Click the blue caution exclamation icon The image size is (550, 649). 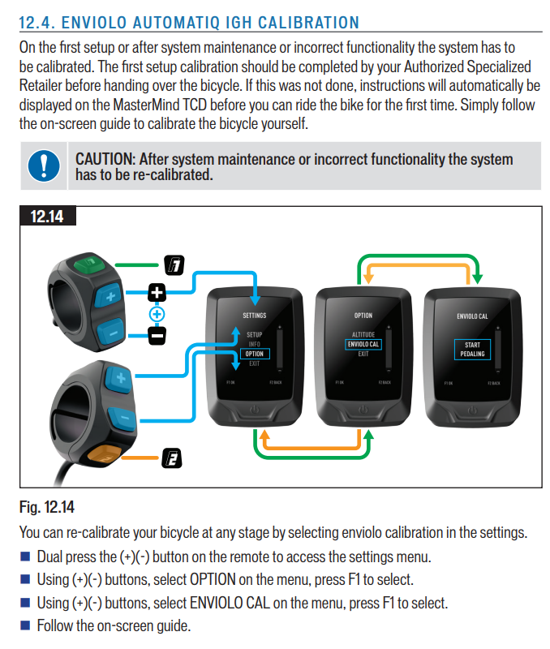[x=43, y=165]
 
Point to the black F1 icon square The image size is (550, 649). [x=176, y=264]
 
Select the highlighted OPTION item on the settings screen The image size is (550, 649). [x=254, y=354]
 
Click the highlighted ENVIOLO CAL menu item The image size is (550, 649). [x=363, y=345]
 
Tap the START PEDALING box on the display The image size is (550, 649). [x=472, y=350]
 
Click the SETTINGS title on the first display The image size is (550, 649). [x=254, y=316]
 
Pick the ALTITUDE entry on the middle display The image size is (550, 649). [x=363, y=335]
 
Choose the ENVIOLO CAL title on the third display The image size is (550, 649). [x=472, y=316]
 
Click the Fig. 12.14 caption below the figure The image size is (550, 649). [x=46, y=508]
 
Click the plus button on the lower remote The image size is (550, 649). [x=118, y=378]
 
